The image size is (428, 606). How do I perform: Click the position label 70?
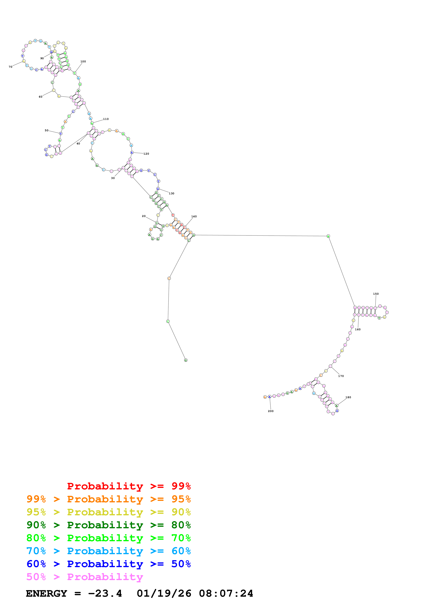[11, 67]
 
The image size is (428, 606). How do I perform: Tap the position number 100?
[83, 61]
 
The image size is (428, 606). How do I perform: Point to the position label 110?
[106, 119]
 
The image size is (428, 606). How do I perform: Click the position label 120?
[146, 154]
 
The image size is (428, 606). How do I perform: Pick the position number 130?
[171, 193]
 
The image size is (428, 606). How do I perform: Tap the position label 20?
[144, 216]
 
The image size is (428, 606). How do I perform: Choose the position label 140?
[194, 216]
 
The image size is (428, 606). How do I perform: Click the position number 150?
[376, 294]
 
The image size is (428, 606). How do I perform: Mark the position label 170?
[341, 376]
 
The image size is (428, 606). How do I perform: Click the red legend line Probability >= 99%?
[129, 486]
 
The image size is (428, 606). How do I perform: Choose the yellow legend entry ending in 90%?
[108, 512]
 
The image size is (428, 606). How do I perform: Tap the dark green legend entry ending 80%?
[108, 525]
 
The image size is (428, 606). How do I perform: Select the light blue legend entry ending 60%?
[108, 551]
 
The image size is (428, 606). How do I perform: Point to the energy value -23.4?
[105, 593]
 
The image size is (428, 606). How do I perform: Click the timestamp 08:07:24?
[226, 593]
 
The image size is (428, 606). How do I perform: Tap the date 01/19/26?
[164, 593]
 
